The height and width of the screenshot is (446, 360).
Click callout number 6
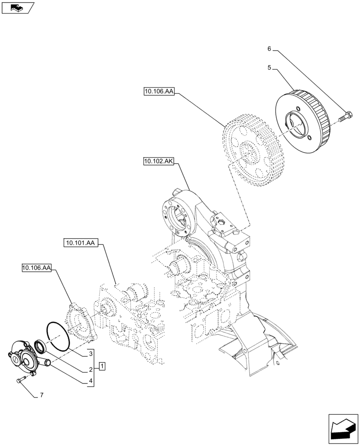point(269,49)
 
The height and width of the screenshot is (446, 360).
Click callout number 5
point(269,68)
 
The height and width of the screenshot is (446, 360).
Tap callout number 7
point(42,395)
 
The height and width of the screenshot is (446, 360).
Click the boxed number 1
point(102,367)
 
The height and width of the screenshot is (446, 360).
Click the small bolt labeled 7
point(20,380)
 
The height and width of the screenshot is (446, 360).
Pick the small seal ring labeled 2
point(40,346)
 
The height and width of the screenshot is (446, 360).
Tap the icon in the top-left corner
point(18,8)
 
